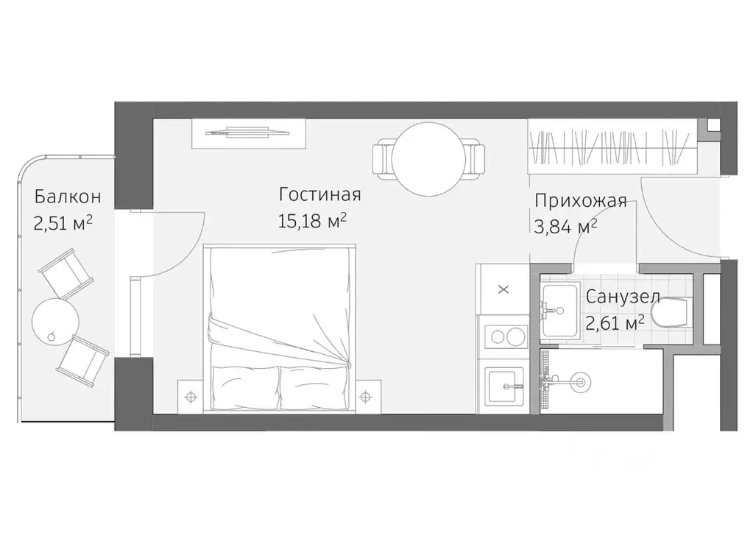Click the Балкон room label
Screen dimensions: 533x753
click(67, 197)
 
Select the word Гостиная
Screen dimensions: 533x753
click(319, 194)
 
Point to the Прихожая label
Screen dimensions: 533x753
click(581, 201)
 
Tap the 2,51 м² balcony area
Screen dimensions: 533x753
click(63, 224)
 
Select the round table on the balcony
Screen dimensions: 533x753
click(55, 320)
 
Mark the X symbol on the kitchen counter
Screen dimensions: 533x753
click(503, 289)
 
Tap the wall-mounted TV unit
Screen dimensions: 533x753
click(247, 133)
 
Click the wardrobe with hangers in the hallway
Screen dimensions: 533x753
click(611, 147)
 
